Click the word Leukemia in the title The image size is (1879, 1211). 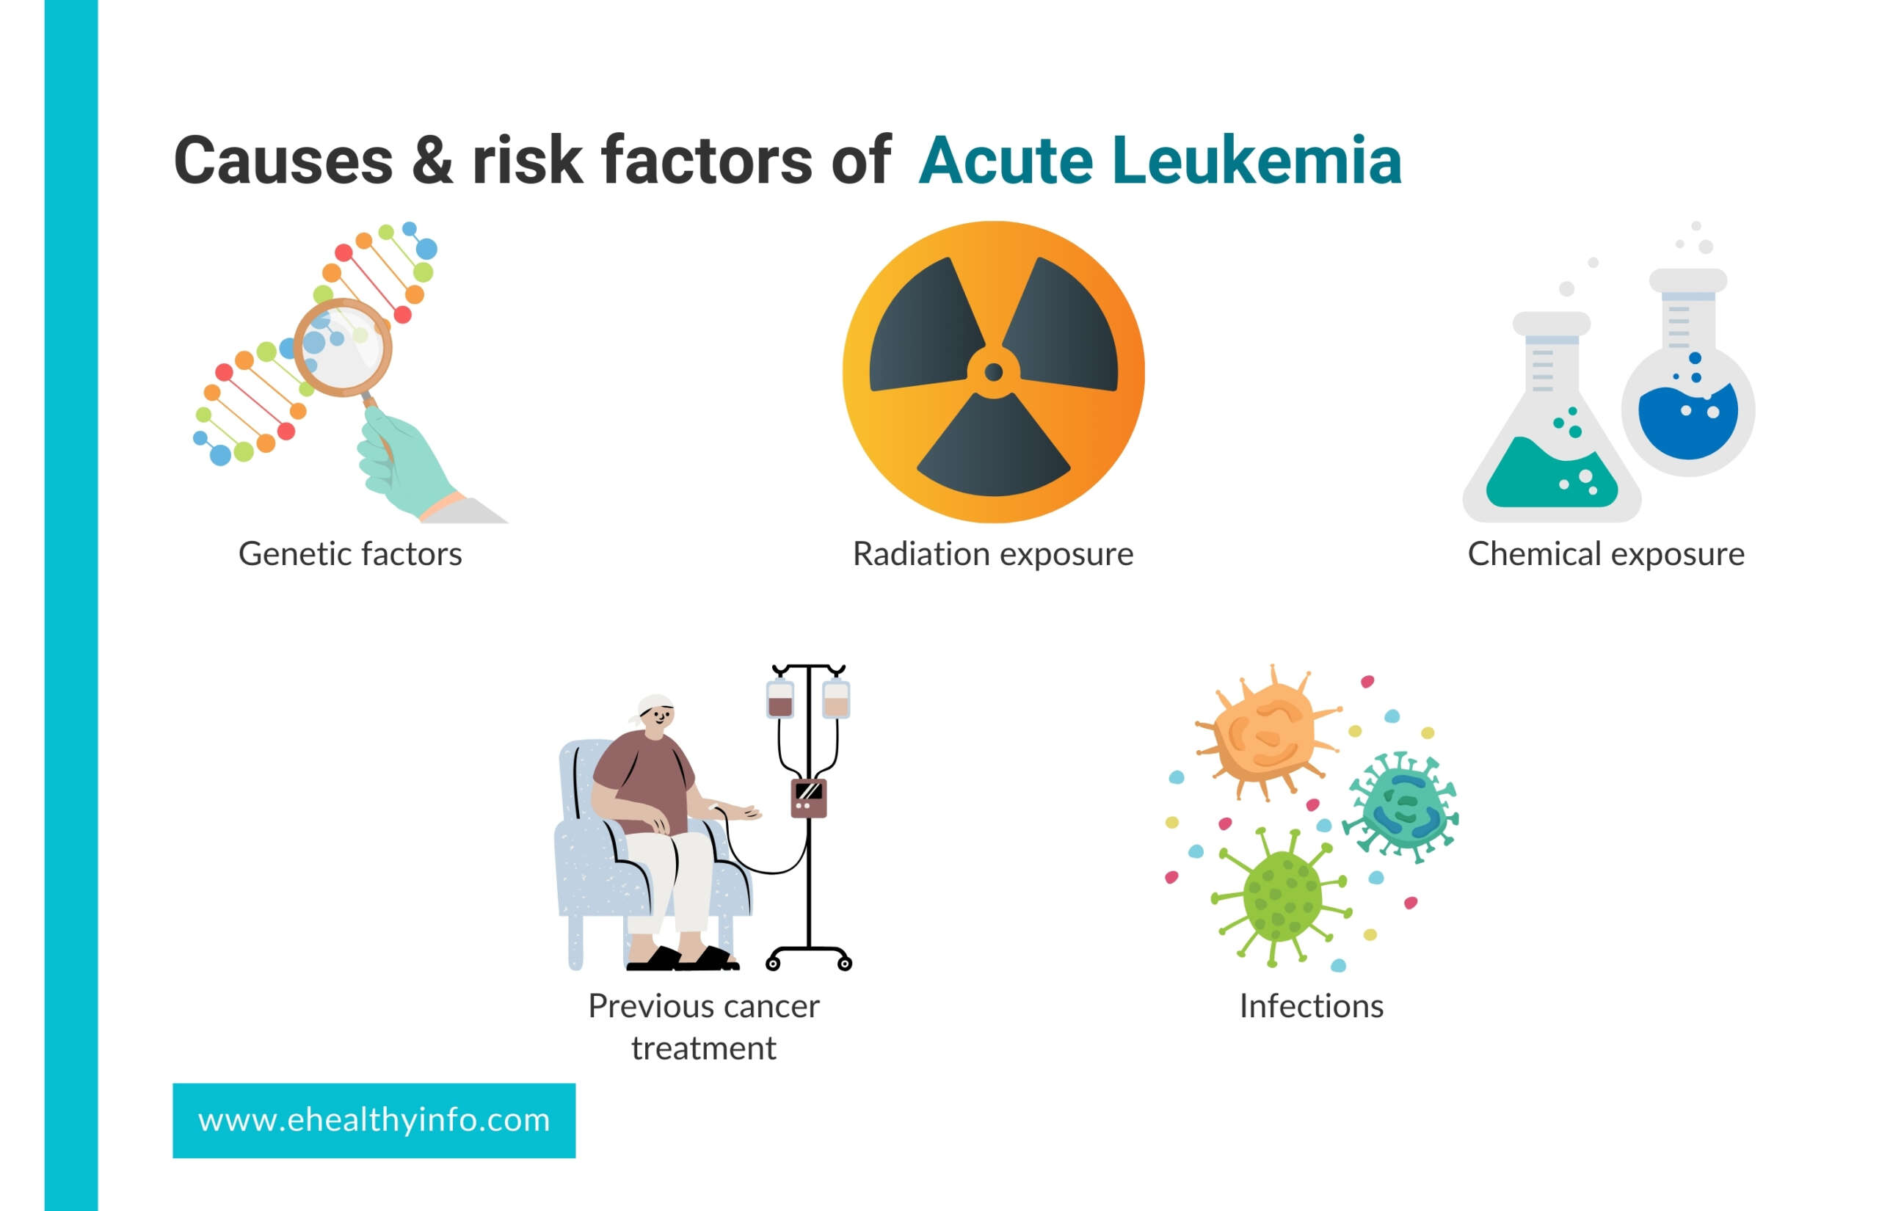1257,161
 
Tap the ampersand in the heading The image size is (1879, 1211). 432,161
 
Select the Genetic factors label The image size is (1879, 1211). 350,554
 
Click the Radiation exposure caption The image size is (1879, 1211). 993,554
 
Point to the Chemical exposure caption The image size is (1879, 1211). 1606,554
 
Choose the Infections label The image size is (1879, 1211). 1312,1006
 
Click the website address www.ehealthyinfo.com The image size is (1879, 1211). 374,1120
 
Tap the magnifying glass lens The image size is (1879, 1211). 343,346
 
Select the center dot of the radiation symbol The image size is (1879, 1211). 994,372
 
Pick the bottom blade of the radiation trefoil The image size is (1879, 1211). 994,448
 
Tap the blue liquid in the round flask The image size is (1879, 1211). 1688,421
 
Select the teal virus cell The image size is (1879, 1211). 1402,806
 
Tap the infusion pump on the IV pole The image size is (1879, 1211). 808,797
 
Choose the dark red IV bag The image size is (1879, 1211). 780,698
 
